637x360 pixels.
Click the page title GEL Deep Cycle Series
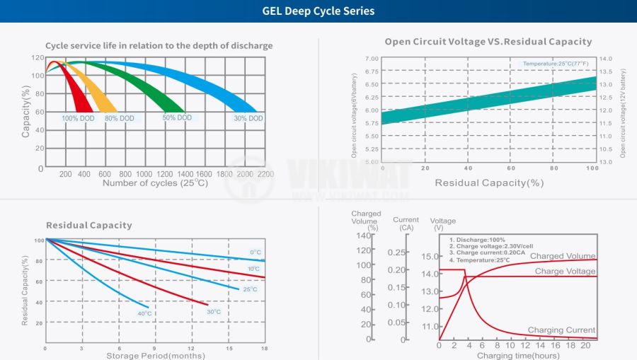318,11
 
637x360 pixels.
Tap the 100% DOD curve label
79,118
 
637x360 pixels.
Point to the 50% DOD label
177,117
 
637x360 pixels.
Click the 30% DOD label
248,118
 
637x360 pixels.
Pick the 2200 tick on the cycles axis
265,174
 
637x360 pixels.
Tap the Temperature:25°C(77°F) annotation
556,64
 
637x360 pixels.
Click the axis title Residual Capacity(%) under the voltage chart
489,182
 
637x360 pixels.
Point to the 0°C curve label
256,252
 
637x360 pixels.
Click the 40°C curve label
144,313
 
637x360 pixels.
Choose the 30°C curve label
214,311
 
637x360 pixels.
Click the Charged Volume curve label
563,256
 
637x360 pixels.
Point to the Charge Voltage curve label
565,271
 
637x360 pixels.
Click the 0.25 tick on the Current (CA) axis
398,252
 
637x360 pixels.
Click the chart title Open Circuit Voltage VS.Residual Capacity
488,42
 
